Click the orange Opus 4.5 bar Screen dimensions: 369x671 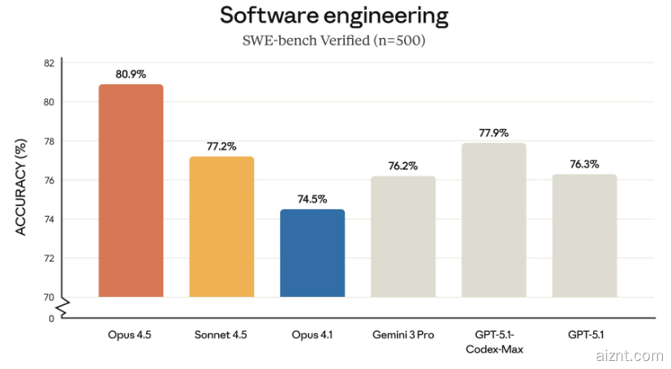(x=131, y=191)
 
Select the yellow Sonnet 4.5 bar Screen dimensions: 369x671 (x=222, y=227)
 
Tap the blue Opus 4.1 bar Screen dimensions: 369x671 (x=312, y=253)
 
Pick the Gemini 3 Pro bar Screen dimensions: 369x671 (x=403, y=237)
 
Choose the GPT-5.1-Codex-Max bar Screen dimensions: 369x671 (x=494, y=220)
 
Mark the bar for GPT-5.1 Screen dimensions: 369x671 (x=584, y=236)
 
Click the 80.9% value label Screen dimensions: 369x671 (x=131, y=74)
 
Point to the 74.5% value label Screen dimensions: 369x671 (x=312, y=199)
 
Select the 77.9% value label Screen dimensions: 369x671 (x=494, y=132)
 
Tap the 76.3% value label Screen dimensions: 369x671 (x=584, y=164)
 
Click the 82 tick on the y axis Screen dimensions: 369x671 (x=49, y=63)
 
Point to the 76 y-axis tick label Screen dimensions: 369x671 (x=49, y=180)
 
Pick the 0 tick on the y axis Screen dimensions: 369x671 (x=51, y=319)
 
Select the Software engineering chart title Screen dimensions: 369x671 (x=333, y=15)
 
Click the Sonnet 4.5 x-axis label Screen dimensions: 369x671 (x=222, y=334)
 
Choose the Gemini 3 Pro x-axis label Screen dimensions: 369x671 (x=403, y=334)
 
